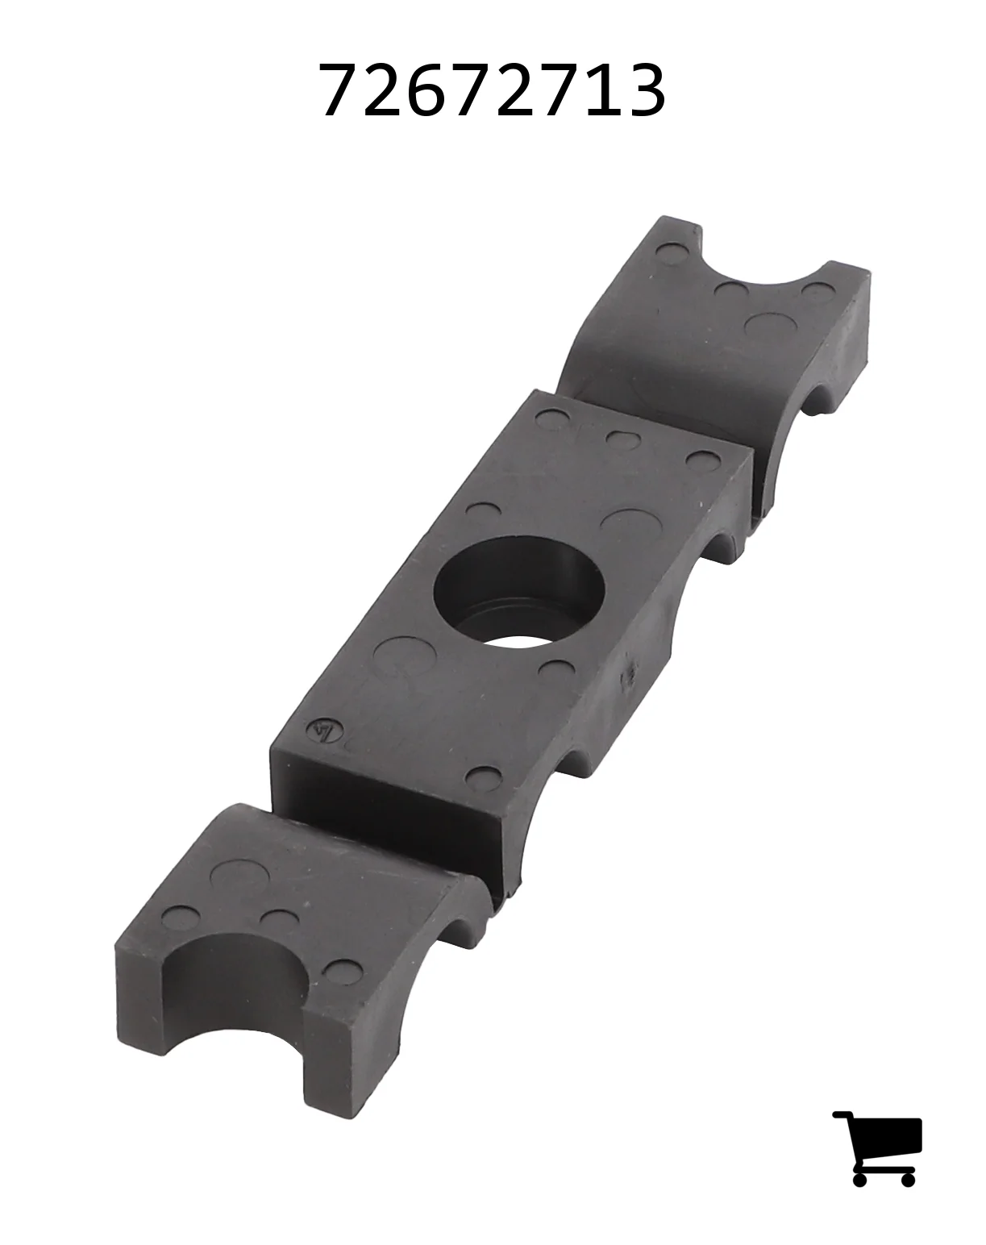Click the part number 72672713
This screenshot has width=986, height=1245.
[x=493, y=90]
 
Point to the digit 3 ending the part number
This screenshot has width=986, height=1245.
[x=645, y=90]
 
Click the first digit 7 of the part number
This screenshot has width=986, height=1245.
[x=341, y=90]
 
